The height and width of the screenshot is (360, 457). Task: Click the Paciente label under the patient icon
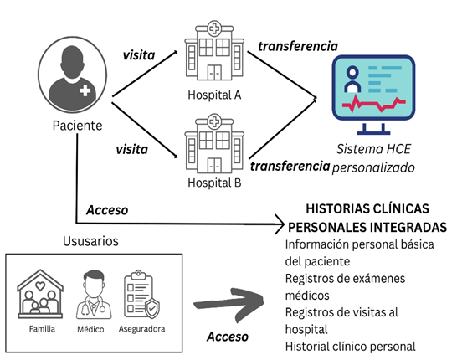tap(78, 126)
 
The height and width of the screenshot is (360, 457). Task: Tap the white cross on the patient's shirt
tap(85, 90)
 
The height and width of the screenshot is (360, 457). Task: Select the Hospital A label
tap(214, 95)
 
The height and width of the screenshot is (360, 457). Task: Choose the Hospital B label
tap(214, 183)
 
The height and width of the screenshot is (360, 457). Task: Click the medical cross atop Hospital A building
tap(214, 28)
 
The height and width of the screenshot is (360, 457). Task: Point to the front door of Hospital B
tap(214, 165)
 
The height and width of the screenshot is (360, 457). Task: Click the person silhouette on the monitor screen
tap(352, 80)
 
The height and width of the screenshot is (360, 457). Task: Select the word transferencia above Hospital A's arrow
tap(298, 47)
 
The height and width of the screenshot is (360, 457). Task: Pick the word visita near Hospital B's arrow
tap(132, 150)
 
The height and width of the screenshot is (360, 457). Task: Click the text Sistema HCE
tap(373, 149)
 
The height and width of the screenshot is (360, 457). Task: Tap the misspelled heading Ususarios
tap(90, 241)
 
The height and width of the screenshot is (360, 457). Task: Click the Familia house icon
tap(40, 294)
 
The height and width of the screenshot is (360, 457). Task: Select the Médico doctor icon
tap(94, 295)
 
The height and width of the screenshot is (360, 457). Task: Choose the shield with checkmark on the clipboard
tap(151, 308)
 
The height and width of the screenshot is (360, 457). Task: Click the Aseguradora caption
tap(142, 329)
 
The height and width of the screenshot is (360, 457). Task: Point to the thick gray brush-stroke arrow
tap(229, 304)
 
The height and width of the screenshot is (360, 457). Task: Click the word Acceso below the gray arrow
tap(228, 337)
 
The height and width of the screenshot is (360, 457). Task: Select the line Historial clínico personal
tap(351, 347)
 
